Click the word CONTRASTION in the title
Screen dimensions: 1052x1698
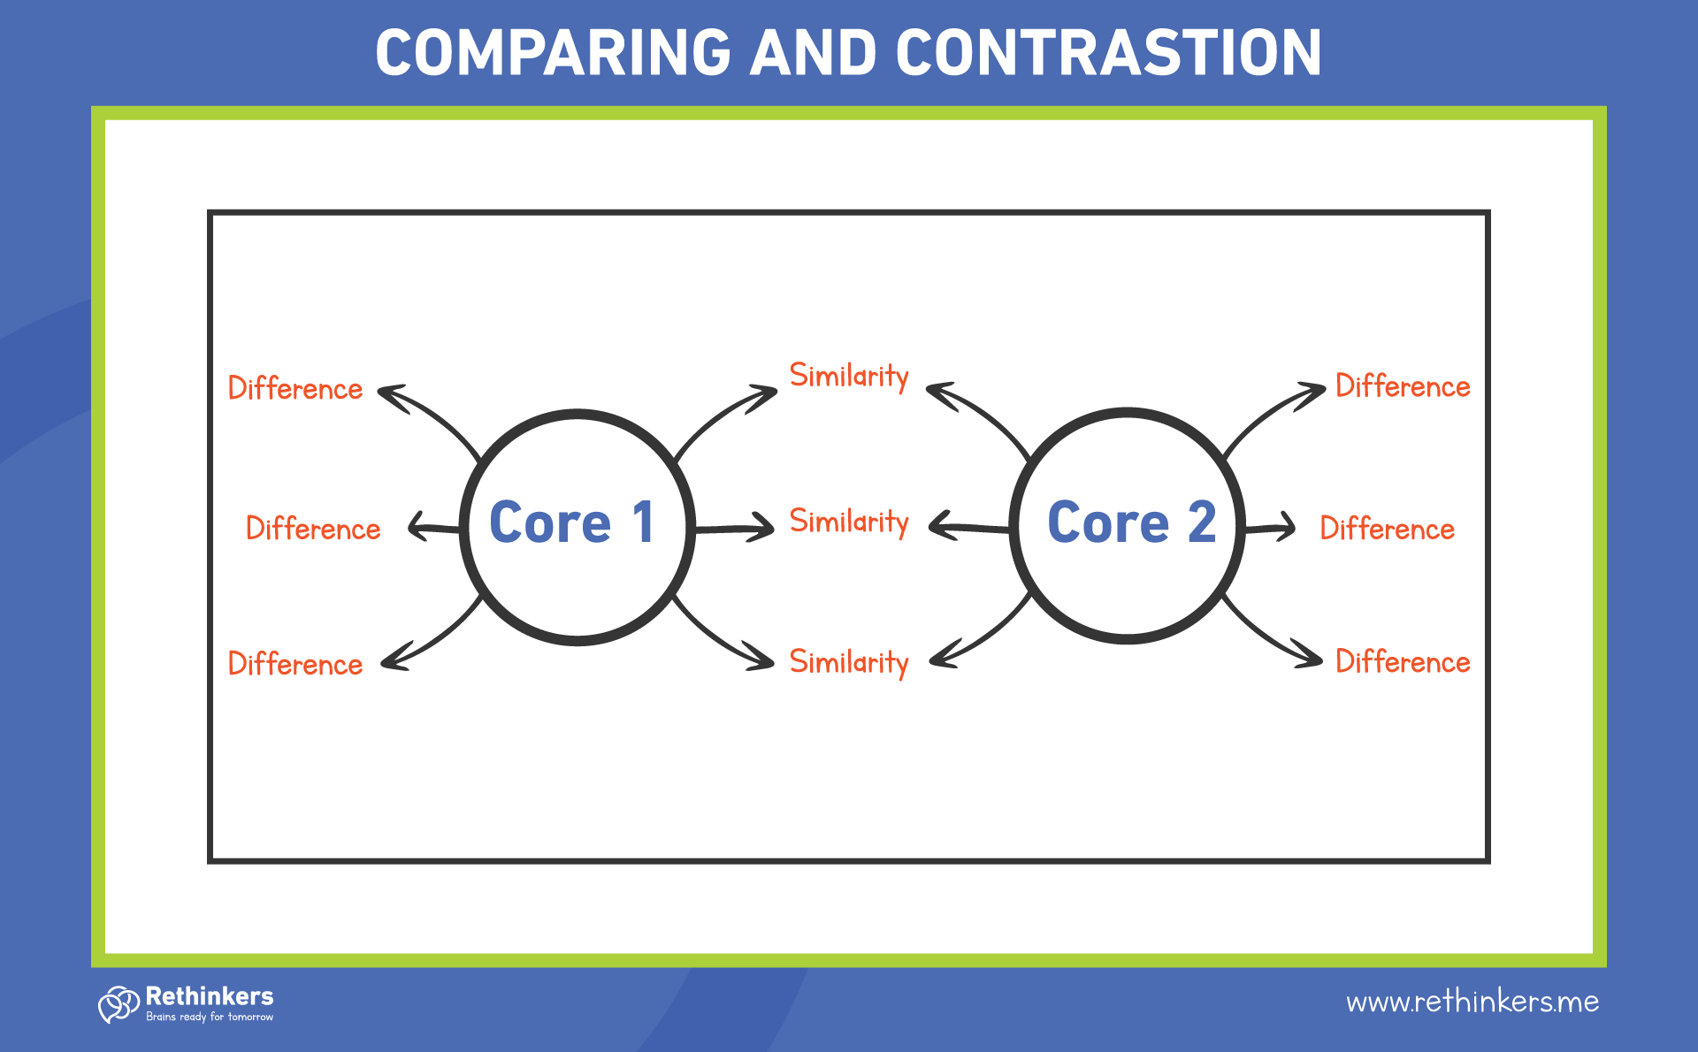(1109, 53)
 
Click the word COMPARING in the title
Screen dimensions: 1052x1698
(554, 53)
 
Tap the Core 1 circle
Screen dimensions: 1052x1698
(577, 526)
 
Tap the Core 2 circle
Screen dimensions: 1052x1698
(1128, 524)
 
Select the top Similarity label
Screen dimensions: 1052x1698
(849, 376)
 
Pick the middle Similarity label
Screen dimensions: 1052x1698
(849, 522)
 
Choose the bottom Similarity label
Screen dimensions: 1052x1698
(849, 662)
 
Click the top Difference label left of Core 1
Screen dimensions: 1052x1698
(295, 389)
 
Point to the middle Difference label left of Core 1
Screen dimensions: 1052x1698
(313, 529)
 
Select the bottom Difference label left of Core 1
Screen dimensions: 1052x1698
(295, 664)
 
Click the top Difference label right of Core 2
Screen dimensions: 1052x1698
(1403, 386)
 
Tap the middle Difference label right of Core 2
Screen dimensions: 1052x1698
(1387, 529)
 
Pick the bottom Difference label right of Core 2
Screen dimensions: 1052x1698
(1403, 662)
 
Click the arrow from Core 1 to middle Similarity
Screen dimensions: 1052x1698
(734, 529)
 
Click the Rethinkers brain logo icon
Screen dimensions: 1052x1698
(119, 1004)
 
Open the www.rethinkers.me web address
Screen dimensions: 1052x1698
(1472, 1002)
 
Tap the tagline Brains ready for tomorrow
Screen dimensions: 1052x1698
(210, 1018)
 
